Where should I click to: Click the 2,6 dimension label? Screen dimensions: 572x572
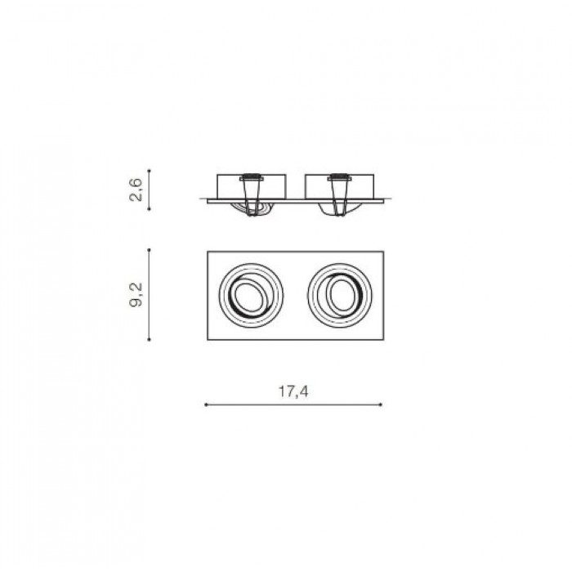136,190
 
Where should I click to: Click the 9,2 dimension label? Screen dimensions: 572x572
136,295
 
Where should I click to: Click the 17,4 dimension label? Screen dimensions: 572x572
293,391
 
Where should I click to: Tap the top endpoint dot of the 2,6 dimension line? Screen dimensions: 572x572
149,170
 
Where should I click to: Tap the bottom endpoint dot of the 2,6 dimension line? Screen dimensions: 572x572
149,209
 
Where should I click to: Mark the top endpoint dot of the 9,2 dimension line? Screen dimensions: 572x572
149,250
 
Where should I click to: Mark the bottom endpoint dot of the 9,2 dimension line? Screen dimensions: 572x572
149,340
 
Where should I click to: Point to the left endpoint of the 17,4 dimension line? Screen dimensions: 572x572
206,404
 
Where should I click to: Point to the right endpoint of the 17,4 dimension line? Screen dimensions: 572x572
382,404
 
